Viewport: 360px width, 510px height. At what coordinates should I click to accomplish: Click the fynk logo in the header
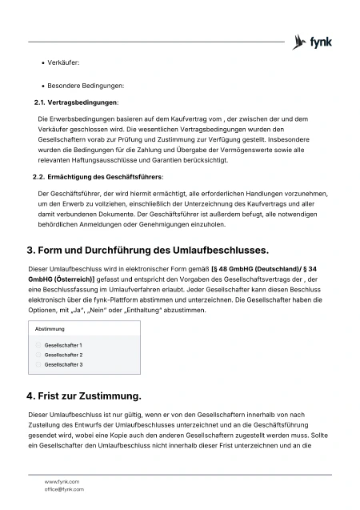coord(313,42)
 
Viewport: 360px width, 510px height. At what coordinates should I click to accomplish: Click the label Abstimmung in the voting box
coord(50,329)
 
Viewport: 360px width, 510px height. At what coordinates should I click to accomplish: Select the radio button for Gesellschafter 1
coord(38,345)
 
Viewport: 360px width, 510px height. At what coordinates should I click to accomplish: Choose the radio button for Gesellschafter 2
coord(38,355)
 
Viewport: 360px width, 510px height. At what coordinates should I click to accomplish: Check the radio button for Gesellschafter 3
coord(38,364)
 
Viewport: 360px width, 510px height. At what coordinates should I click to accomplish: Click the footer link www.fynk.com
coord(62,481)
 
